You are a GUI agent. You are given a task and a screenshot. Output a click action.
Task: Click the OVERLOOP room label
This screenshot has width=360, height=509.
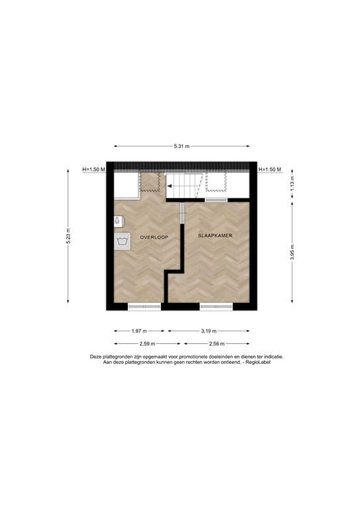point(154,237)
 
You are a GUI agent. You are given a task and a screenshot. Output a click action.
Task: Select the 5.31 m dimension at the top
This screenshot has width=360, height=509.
point(181,146)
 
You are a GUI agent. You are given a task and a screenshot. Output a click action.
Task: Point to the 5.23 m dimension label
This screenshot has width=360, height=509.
point(68,236)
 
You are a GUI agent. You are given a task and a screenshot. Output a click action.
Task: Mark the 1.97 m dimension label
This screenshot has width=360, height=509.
point(139,330)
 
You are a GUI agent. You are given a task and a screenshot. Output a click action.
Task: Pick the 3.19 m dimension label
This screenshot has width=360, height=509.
point(209,330)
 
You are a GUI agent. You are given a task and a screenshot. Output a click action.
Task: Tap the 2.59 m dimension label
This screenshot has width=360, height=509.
point(147,343)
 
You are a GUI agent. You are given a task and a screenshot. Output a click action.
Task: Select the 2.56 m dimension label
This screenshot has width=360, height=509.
point(217,343)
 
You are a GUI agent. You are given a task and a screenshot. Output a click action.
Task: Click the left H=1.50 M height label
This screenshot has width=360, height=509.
point(94,170)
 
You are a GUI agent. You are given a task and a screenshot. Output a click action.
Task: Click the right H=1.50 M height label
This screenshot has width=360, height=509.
point(269,170)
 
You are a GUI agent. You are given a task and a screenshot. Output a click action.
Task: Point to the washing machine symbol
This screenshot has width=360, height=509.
point(122,241)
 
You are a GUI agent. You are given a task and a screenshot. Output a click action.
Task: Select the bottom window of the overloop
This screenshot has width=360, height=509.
point(144,306)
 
